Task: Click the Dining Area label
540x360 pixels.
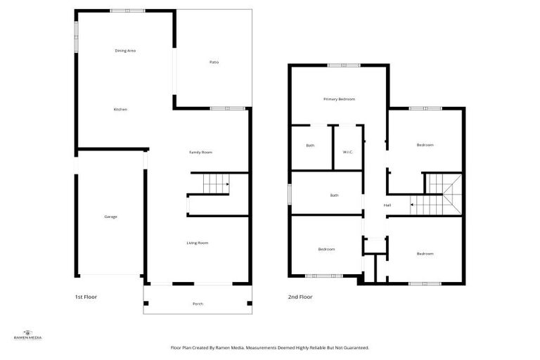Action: coord(125,51)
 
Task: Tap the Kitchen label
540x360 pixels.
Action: coord(120,110)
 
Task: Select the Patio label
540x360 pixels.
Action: coord(214,63)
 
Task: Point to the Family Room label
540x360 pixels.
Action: coord(200,153)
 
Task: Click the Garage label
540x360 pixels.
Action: coord(110,217)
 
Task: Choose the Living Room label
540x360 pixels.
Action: coord(197,243)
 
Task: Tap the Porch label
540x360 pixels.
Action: coord(198,304)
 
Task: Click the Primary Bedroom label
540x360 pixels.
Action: coord(339,99)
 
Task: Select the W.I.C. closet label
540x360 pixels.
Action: coord(347,146)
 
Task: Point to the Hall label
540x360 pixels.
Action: coord(387,205)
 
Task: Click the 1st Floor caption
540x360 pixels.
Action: coord(86,297)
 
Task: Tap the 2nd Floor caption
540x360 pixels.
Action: coord(300,297)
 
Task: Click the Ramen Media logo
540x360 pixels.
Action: coord(28,335)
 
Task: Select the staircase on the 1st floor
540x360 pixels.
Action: coord(216,184)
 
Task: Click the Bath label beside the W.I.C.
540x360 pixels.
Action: coord(310,146)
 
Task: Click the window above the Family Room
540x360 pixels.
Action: coord(227,108)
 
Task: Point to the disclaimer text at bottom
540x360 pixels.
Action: coord(270,347)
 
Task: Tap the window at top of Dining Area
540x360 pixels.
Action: coord(127,11)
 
